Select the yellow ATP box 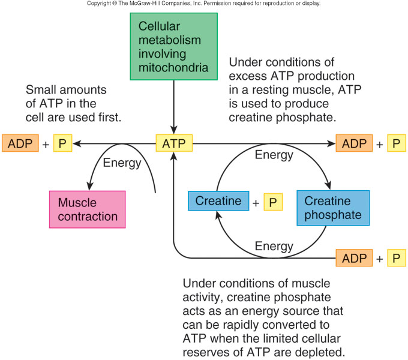pyautogui.click(x=174, y=143)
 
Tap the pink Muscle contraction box pyautogui.click(x=88, y=209)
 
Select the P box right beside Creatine pyautogui.click(x=272, y=203)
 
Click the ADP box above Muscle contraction pyautogui.click(x=20, y=143)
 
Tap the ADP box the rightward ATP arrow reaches pyautogui.click(x=354, y=143)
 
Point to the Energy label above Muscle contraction pyautogui.click(x=122, y=163)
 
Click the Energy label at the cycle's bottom pyautogui.click(x=274, y=246)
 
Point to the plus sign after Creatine pyautogui.click(x=256, y=203)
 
